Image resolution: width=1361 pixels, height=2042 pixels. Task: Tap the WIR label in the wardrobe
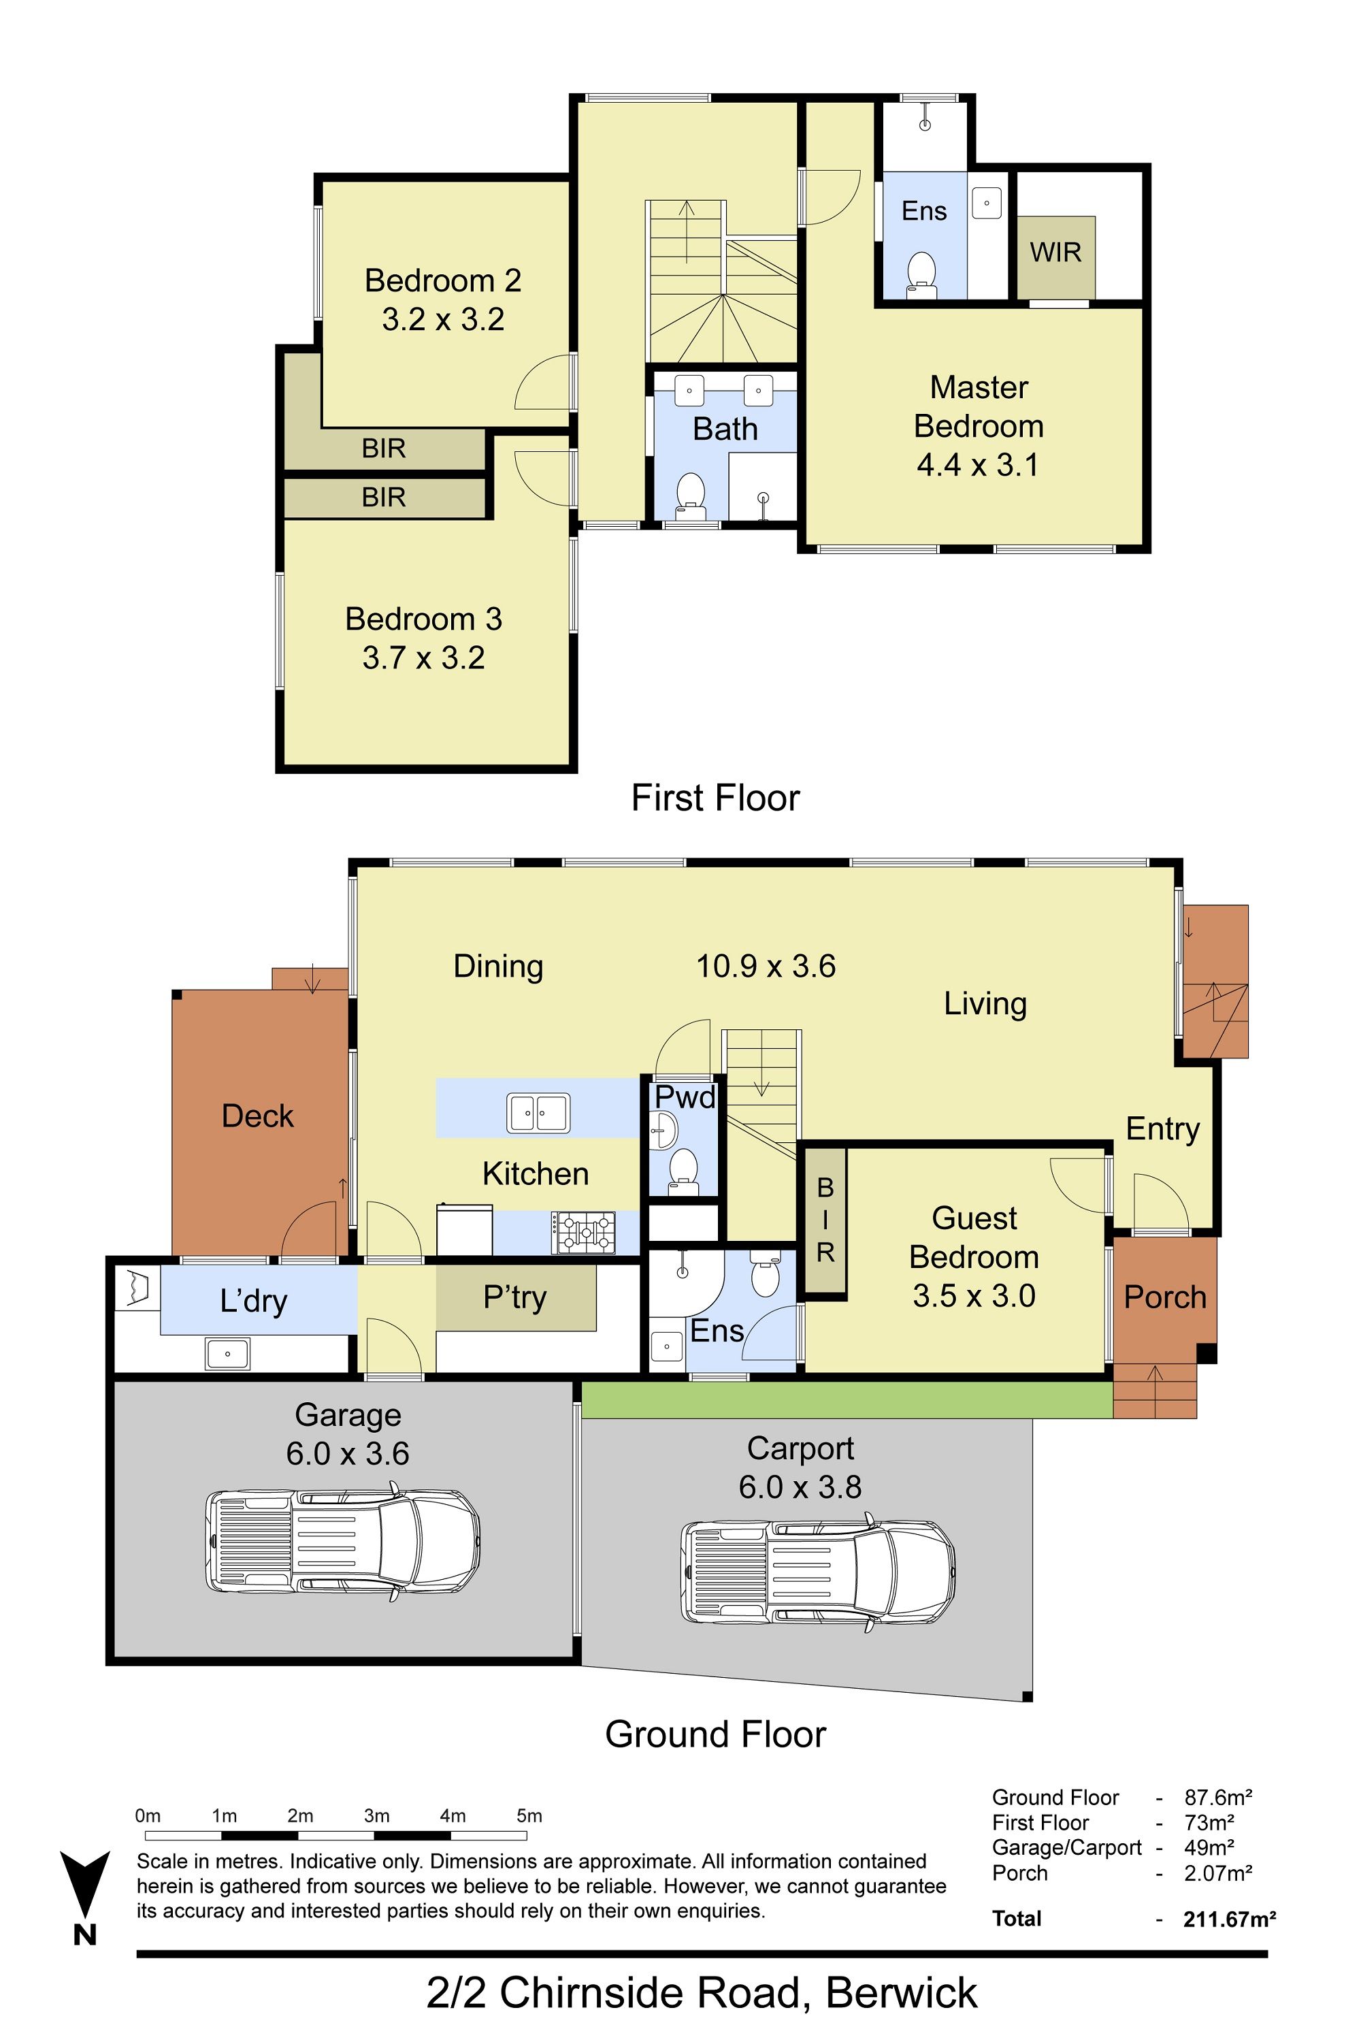[x=1055, y=253]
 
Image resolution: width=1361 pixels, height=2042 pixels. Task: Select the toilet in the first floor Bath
[x=691, y=496]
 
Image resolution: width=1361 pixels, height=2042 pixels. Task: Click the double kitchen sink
[x=538, y=1113]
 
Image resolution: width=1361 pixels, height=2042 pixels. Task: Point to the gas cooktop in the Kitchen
[x=583, y=1233]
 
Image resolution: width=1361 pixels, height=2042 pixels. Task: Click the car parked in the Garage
[x=343, y=1541]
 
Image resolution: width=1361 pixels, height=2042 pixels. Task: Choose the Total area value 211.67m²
[x=1229, y=1919]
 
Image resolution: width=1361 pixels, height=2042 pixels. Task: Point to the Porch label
[x=1165, y=1297]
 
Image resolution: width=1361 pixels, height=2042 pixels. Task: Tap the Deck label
[x=257, y=1116]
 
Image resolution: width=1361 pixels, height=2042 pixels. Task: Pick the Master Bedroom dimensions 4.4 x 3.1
[x=979, y=466]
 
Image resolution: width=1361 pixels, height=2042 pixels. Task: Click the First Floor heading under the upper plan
[x=715, y=798]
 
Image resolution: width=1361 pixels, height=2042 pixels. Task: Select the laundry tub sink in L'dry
[x=227, y=1354]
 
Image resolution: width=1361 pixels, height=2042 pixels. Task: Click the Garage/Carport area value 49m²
[x=1209, y=1847]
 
